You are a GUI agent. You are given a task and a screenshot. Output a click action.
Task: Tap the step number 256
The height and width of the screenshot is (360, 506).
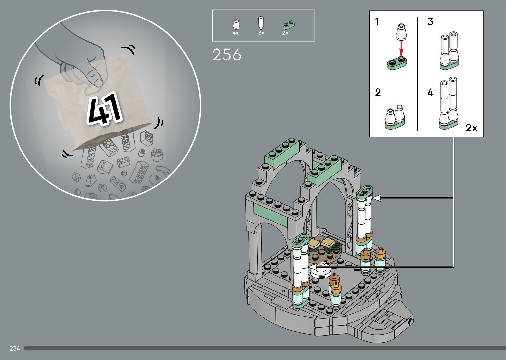click(227, 55)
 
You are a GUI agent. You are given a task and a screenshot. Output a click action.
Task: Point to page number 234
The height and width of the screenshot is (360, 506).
click(15, 348)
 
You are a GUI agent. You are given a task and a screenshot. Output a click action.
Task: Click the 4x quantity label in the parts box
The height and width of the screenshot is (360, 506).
click(235, 33)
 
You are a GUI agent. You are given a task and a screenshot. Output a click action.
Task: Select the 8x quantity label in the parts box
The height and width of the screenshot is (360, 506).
click(261, 33)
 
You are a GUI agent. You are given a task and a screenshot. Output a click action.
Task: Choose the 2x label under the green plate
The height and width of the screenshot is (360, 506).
click(285, 33)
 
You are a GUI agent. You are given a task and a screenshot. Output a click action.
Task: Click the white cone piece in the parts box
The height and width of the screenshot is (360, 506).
click(236, 24)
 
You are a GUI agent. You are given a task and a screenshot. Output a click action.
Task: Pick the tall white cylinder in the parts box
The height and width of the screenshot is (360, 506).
click(261, 23)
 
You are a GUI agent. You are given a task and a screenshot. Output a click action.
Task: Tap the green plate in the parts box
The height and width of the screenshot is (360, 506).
click(289, 25)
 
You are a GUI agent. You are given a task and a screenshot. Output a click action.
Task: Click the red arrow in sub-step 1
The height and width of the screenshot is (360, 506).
click(401, 48)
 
